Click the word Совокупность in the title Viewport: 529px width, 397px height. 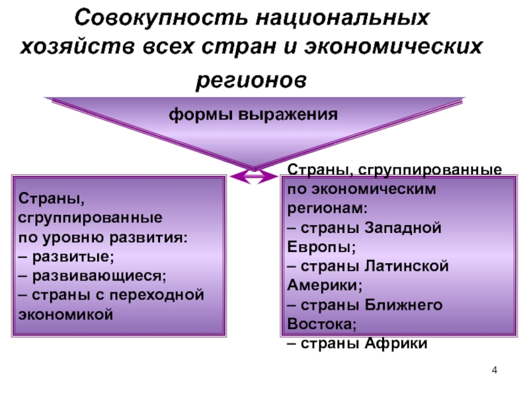pyautogui.click(x=161, y=18)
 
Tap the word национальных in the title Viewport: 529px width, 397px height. pyautogui.click(x=343, y=19)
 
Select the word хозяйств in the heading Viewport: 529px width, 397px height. pyautogui.click(x=77, y=46)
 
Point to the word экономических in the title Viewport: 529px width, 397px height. pyautogui.click(x=393, y=46)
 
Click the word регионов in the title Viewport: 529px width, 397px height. pyautogui.click(x=251, y=81)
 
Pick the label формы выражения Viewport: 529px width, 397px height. pyautogui.click(x=253, y=114)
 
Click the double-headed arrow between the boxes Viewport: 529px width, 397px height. pyautogui.click(x=254, y=177)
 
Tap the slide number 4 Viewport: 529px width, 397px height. pyautogui.click(x=494, y=371)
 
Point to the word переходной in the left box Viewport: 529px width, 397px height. pyautogui.click(x=157, y=295)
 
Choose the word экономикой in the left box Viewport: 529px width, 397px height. pyautogui.click(x=65, y=315)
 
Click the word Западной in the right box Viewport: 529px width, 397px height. pyautogui.click(x=403, y=228)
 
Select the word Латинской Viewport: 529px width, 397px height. pyautogui.click(x=407, y=267)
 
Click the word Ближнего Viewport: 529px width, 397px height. pyautogui.click(x=403, y=305)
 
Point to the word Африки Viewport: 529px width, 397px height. pyautogui.click(x=396, y=343)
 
